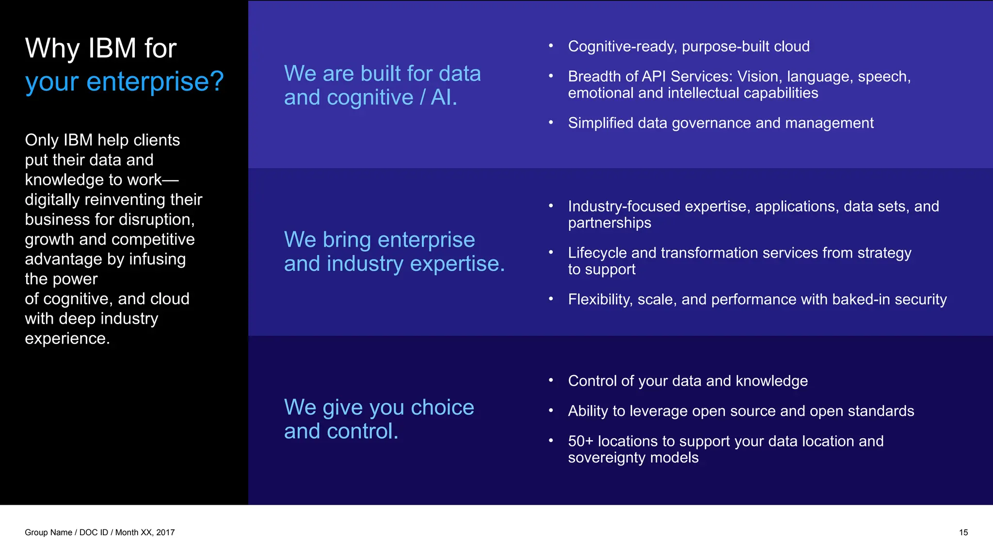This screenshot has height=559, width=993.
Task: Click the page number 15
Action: (x=963, y=532)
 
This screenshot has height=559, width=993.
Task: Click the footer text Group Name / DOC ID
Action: (x=66, y=532)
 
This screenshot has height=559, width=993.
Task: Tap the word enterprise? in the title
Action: (x=155, y=82)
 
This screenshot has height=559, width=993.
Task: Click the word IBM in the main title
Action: (x=112, y=49)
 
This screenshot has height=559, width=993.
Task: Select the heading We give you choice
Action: (x=379, y=407)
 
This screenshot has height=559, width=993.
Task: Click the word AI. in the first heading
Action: (x=444, y=98)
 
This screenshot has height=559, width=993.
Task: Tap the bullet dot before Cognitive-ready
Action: (x=551, y=46)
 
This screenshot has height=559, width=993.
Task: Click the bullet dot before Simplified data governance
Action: (x=551, y=122)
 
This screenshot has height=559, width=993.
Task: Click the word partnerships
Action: (x=609, y=223)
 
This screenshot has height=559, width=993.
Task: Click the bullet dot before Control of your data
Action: (x=551, y=380)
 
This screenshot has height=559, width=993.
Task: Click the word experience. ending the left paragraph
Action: (x=67, y=338)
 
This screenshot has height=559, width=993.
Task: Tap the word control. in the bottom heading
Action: (x=362, y=431)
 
